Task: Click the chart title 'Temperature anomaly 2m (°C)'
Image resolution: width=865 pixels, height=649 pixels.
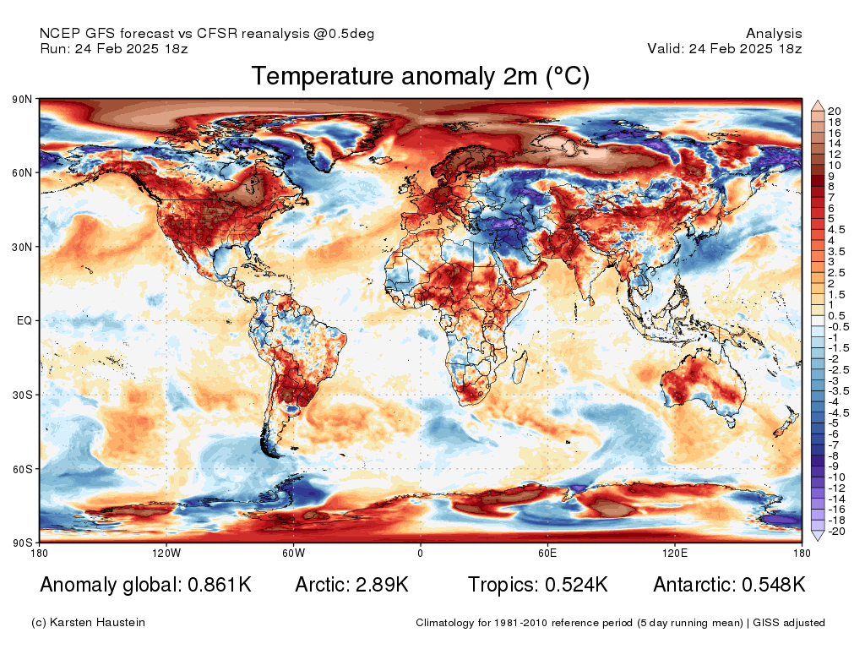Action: click(x=420, y=77)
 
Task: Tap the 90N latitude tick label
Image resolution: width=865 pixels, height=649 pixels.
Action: click(x=22, y=100)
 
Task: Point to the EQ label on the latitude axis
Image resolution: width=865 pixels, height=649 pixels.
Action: click(x=24, y=321)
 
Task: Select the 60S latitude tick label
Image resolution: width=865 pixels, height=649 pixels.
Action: click(x=22, y=469)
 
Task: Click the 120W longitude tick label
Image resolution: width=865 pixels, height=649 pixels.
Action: click(x=166, y=554)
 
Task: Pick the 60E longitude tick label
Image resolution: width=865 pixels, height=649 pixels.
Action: click(x=547, y=554)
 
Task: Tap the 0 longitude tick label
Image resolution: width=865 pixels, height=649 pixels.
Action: click(x=420, y=554)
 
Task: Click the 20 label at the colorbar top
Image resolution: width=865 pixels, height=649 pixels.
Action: click(x=835, y=112)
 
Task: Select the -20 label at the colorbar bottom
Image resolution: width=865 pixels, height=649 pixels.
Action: click(x=836, y=531)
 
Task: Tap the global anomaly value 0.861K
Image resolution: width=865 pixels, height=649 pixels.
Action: click(x=217, y=585)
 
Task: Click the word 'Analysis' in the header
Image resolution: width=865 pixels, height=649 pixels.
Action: click(x=774, y=34)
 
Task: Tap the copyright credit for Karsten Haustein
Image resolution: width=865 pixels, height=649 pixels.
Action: click(x=88, y=623)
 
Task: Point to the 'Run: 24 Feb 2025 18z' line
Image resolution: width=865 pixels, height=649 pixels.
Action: click(x=114, y=48)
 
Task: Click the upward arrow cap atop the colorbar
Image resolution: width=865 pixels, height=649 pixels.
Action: click(x=818, y=106)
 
